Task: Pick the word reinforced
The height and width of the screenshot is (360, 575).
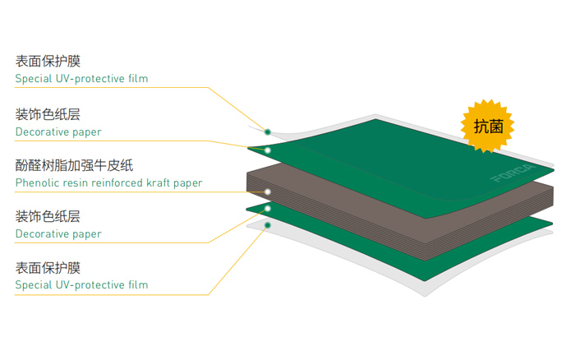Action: point(116,182)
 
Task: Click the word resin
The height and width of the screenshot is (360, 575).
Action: point(74,182)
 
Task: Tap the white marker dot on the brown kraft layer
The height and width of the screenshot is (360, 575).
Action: point(268,192)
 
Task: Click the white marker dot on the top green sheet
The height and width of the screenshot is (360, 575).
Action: point(268,150)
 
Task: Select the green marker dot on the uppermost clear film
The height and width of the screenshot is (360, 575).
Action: point(268,129)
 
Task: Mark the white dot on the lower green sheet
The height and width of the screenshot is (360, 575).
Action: point(268,209)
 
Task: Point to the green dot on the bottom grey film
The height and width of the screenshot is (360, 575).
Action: point(268,223)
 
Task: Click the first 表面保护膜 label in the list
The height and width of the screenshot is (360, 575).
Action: point(48,62)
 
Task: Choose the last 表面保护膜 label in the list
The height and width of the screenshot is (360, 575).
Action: point(48,267)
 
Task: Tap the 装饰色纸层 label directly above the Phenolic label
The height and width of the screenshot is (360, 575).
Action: point(48,113)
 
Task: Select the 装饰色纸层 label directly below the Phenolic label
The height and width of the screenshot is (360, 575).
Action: point(48,216)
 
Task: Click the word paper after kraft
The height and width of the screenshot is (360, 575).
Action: point(189,183)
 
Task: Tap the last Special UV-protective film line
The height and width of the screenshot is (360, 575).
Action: point(81,285)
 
